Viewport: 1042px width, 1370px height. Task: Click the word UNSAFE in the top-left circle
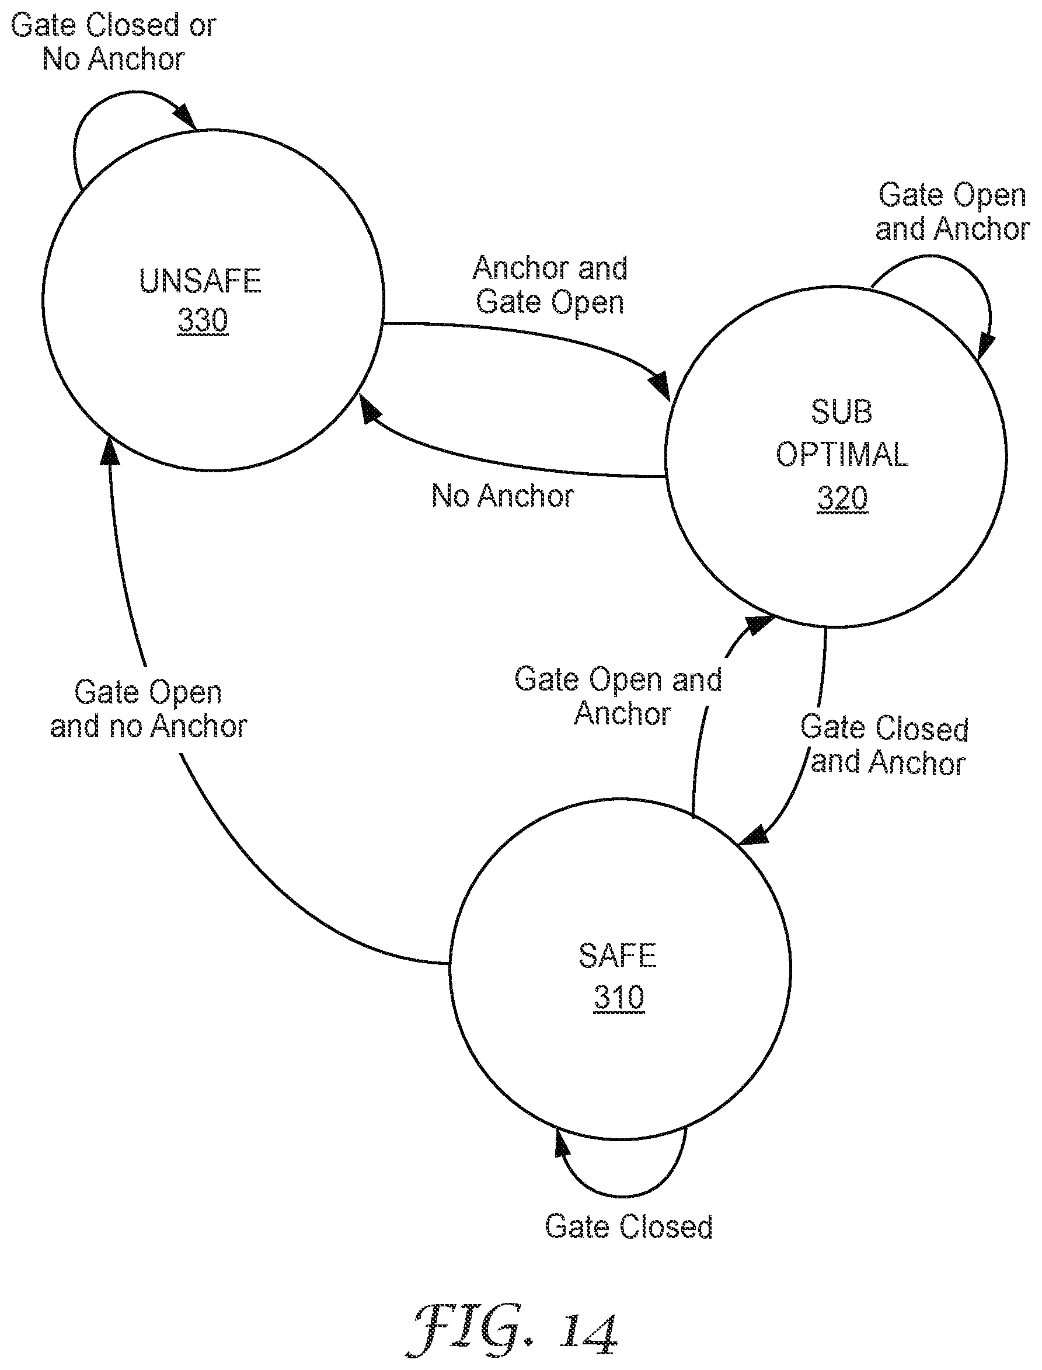click(200, 281)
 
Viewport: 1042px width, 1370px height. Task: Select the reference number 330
click(203, 320)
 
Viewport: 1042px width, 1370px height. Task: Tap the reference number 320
click(842, 498)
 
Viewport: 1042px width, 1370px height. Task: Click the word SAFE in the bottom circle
click(617, 955)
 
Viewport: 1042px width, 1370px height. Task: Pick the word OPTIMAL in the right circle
click(842, 454)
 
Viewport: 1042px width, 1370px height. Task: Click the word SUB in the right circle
click(842, 412)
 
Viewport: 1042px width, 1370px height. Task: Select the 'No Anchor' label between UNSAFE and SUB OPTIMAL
click(503, 496)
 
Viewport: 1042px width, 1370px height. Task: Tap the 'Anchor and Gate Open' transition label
click(550, 285)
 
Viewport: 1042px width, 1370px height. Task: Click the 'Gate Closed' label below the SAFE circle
click(629, 1227)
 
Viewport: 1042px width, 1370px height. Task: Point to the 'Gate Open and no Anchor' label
click(148, 709)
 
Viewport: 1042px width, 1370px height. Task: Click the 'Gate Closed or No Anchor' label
click(113, 42)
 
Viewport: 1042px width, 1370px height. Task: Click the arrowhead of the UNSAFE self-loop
click(186, 118)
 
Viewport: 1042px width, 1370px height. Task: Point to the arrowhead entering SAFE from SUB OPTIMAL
click(752, 835)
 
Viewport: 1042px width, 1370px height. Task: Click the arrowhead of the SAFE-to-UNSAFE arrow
click(110, 450)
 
